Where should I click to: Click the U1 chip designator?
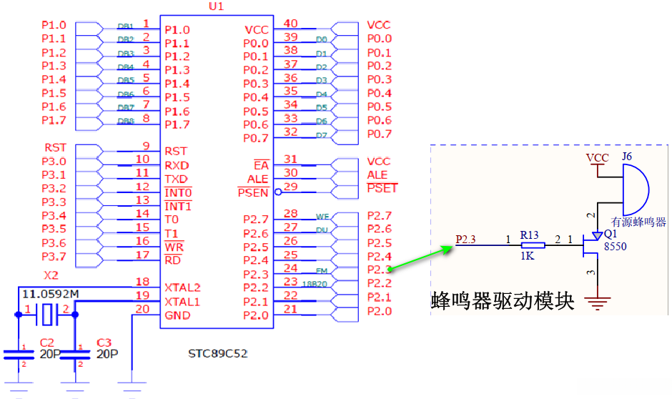point(216,6)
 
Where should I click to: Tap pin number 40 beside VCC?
point(290,24)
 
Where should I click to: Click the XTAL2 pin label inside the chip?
point(183,287)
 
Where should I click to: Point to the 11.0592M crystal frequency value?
point(51,294)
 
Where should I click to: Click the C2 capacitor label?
point(47,343)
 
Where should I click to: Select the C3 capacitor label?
point(104,343)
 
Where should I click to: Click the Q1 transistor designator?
point(609,233)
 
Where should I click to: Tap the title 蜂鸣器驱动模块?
point(503,300)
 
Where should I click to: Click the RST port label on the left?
point(55,147)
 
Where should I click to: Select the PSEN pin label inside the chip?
point(253,192)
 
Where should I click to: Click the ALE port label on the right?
point(377,174)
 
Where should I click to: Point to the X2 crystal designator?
point(51,275)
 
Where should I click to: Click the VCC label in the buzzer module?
point(598,157)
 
